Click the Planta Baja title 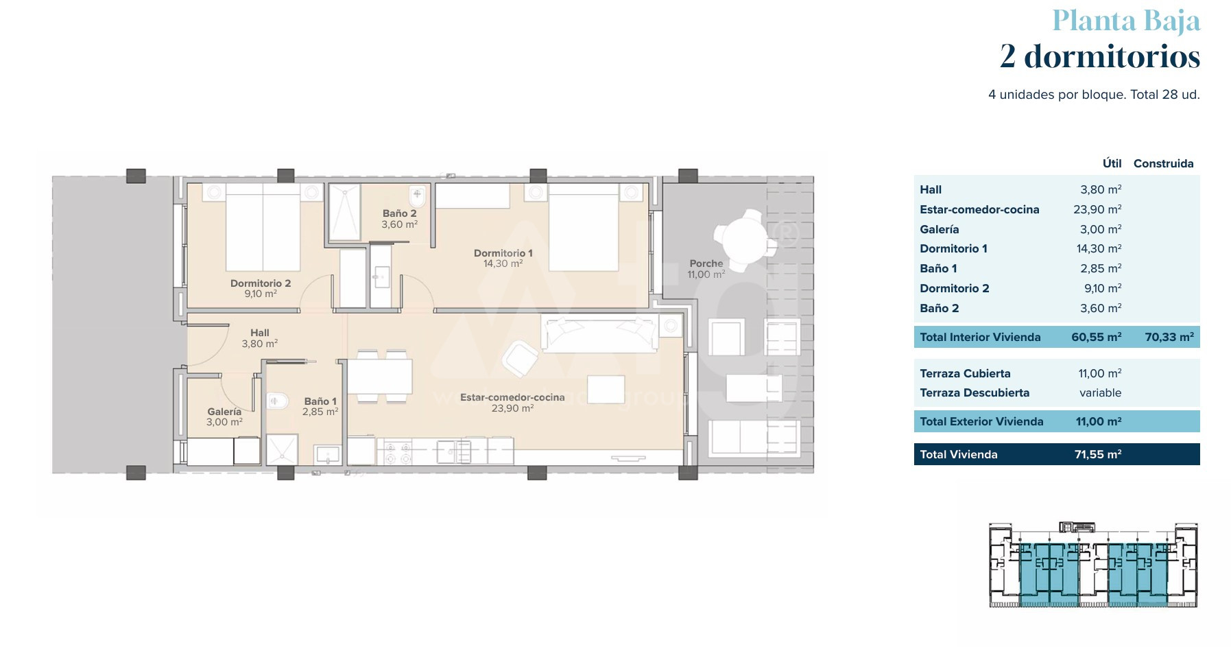click(x=1126, y=21)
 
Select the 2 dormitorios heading click(x=1100, y=56)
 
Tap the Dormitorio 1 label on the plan click(x=503, y=253)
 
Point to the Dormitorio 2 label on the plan click(x=261, y=283)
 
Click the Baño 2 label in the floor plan click(x=400, y=213)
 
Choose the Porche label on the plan click(x=706, y=263)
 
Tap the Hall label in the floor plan click(x=260, y=333)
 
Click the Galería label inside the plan click(x=224, y=412)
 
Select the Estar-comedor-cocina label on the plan click(x=512, y=397)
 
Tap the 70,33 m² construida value click(x=1169, y=337)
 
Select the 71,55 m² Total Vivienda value click(x=1098, y=454)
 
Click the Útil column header click(x=1112, y=163)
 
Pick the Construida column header click(x=1164, y=163)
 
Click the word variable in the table click(x=1101, y=392)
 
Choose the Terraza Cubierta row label click(x=965, y=373)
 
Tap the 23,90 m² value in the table click(x=1097, y=209)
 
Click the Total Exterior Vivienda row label click(x=981, y=421)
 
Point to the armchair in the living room click(x=520, y=358)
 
